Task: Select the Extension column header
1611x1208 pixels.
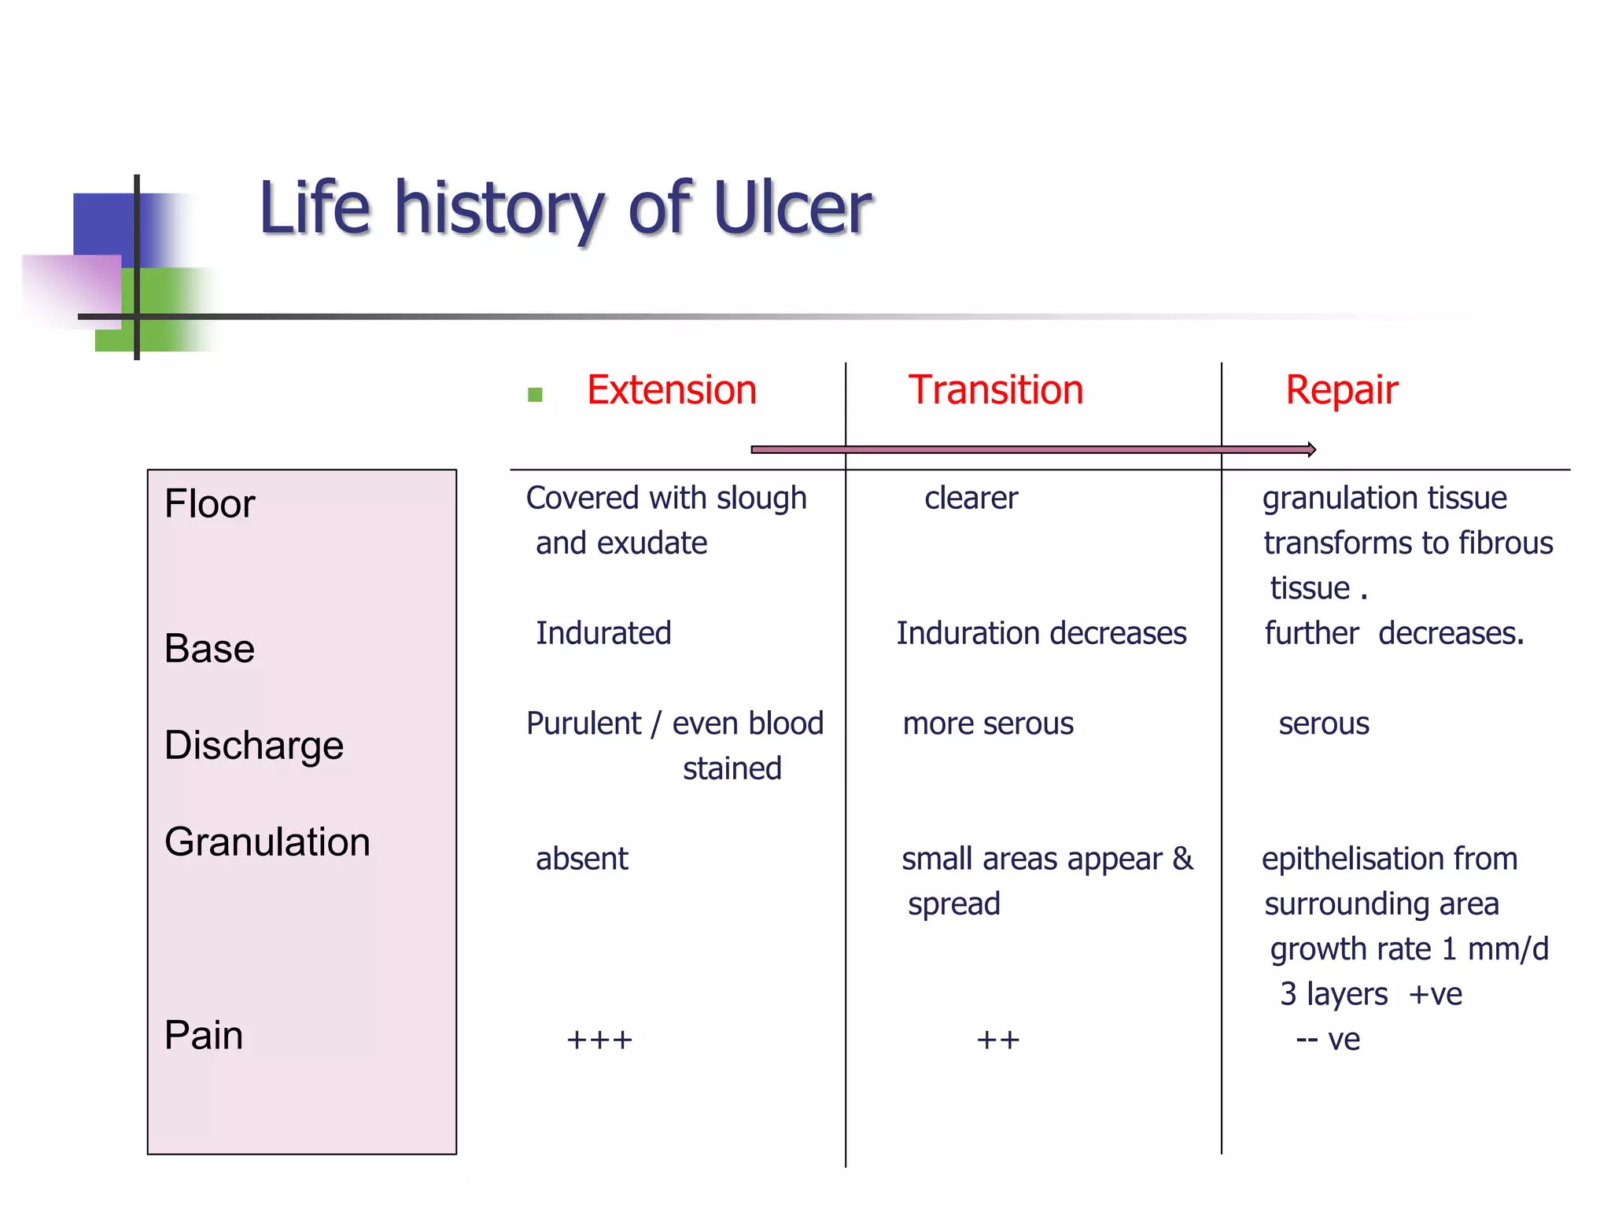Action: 671,390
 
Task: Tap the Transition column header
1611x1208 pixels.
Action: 995,390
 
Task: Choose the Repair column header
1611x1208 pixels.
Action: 1341,390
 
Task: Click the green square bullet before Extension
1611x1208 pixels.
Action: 535,394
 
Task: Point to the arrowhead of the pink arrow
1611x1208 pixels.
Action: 1311,450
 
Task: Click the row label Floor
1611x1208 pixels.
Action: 209,503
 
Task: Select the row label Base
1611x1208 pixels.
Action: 209,649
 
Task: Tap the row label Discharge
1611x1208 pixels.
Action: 253,746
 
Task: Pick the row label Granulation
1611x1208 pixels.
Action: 267,842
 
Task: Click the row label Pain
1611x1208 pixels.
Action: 203,1035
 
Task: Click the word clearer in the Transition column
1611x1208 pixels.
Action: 971,498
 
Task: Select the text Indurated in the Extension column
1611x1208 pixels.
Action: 603,633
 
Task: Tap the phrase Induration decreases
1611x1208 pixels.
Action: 1041,633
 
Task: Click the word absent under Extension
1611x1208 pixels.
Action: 581,859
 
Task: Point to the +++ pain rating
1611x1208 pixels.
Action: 599,1040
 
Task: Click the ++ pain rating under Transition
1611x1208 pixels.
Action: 997,1040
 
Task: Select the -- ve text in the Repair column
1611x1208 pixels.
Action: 1328,1040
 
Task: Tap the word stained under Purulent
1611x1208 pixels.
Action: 732,768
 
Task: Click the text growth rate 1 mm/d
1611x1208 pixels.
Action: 1409,949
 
